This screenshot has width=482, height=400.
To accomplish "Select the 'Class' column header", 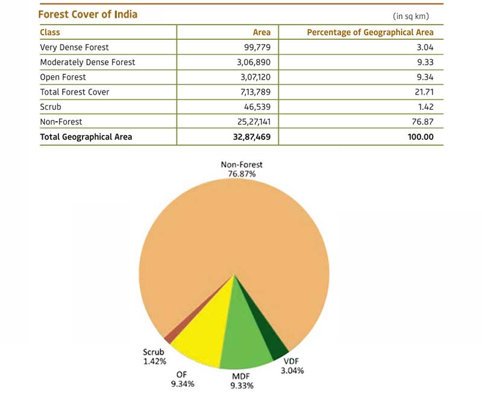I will (50, 32).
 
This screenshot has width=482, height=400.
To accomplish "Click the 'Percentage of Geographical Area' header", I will (370, 32).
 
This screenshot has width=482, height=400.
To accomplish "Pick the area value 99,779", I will (255, 47).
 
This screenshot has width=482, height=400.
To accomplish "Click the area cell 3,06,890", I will (252, 62).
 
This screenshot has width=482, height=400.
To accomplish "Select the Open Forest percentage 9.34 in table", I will (424, 77).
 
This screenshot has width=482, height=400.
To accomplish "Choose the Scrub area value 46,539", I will (255, 107).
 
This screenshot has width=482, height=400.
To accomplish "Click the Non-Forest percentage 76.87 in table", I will (422, 122).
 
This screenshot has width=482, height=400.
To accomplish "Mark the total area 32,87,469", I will (248, 137).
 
